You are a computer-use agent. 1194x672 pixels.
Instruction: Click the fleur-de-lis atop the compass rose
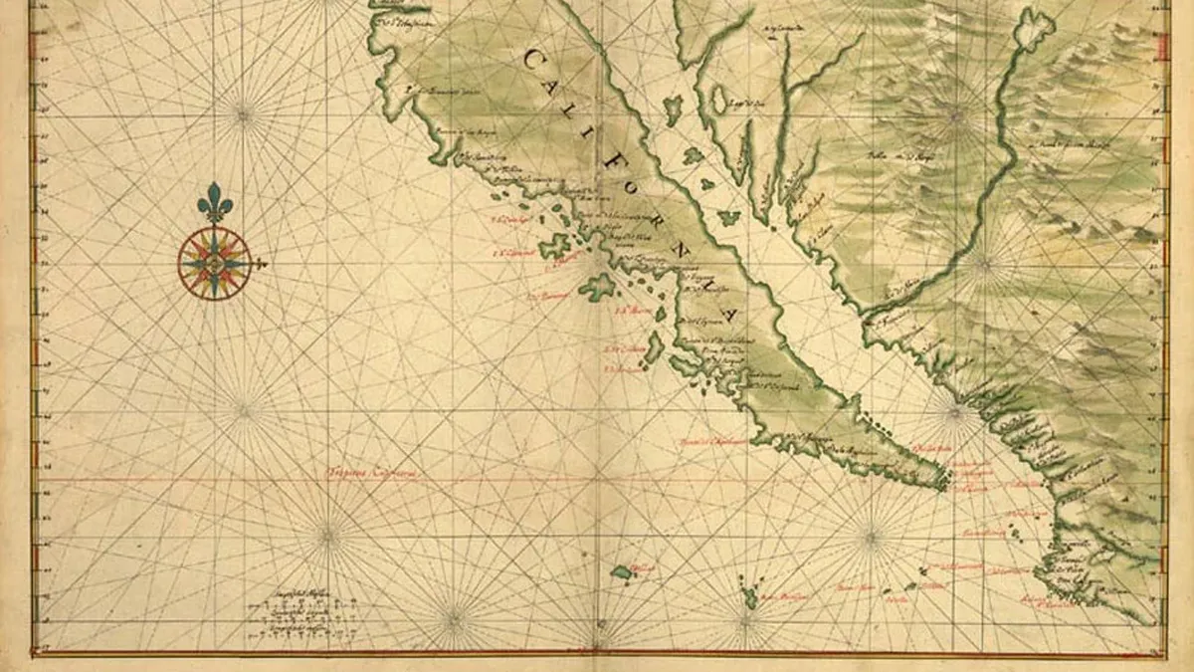click(x=214, y=202)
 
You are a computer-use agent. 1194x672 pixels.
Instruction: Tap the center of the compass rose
click(x=214, y=263)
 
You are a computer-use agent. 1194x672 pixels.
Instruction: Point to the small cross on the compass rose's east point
click(x=261, y=264)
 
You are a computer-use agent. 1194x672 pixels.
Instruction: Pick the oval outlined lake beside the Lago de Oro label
click(x=717, y=99)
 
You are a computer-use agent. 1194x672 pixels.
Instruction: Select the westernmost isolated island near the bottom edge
click(x=622, y=571)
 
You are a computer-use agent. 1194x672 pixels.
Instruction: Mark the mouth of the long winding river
click(x=868, y=311)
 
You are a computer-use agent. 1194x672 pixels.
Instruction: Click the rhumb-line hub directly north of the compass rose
click(x=244, y=113)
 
